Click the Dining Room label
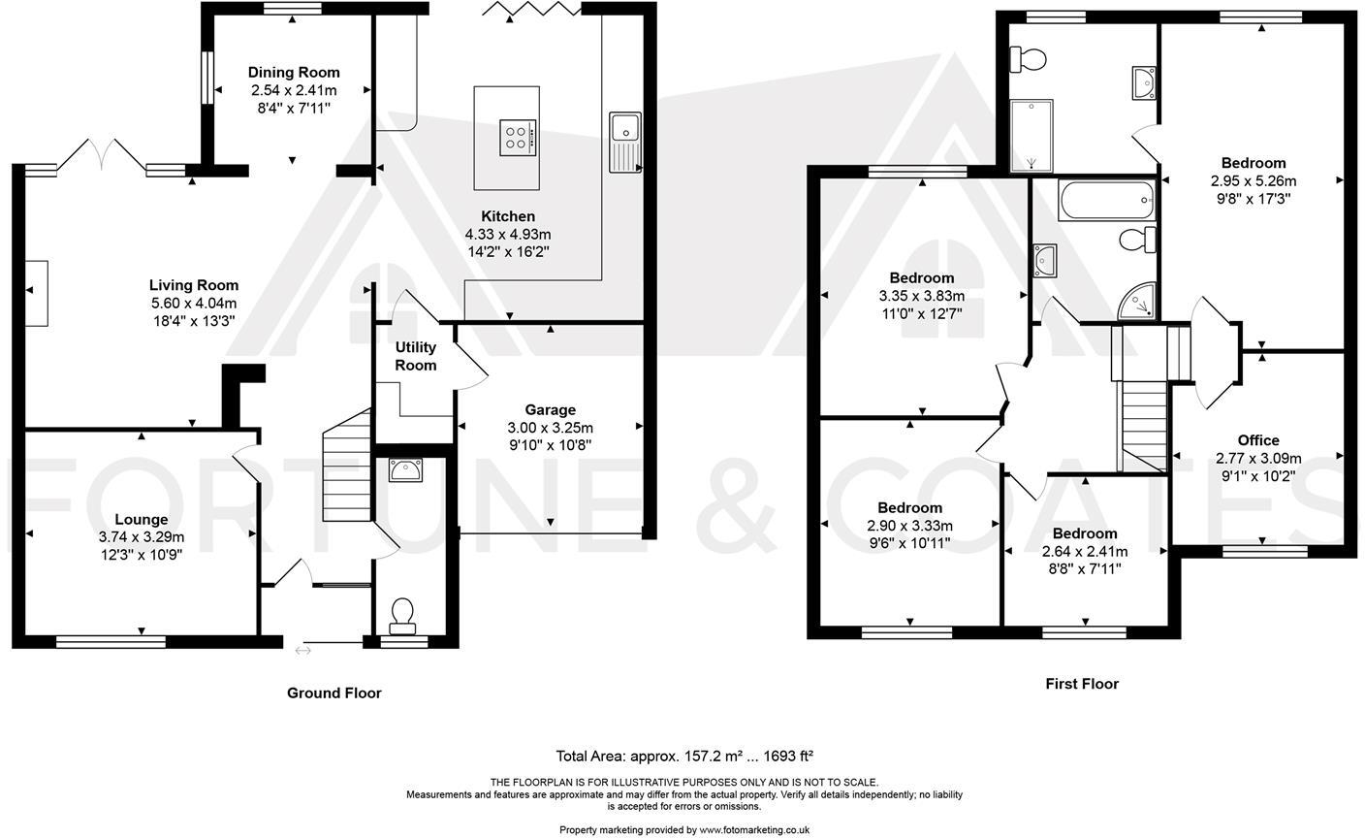294,72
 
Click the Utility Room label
416,356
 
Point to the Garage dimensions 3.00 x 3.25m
550,428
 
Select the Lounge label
141,520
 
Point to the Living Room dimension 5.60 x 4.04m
193,303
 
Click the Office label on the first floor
1258,440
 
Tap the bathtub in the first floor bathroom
1106,202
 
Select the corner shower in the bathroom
1136,303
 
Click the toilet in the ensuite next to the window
1029,60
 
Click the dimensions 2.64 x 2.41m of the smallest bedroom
1085,551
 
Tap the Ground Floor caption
333,693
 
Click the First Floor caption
1081,684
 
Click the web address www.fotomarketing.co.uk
754,830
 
